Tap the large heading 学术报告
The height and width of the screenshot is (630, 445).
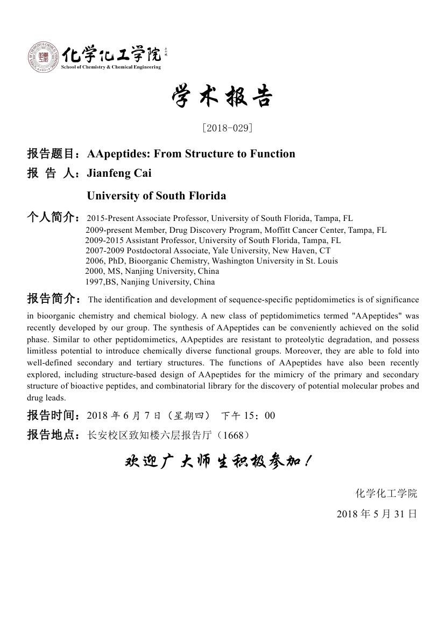pos(222,98)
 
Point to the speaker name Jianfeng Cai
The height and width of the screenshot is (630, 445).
pos(119,174)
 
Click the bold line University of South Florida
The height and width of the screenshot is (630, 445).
pos(156,196)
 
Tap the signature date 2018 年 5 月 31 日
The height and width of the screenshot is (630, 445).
pos(377,514)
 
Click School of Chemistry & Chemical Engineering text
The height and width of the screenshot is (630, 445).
pos(111,67)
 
